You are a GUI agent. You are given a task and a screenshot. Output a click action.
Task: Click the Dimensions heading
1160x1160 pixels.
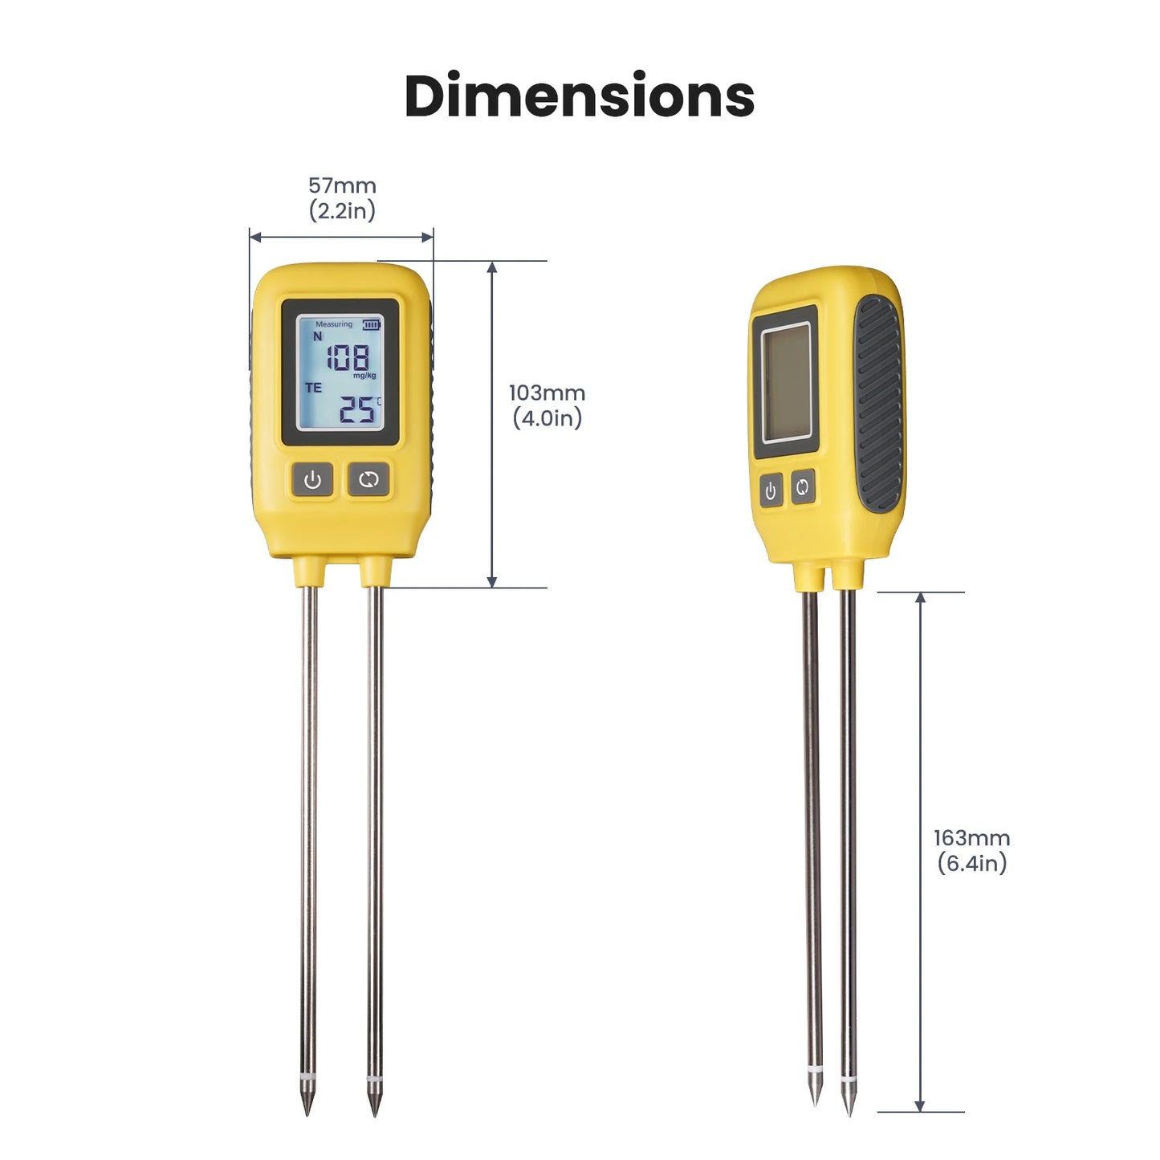click(x=579, y=96)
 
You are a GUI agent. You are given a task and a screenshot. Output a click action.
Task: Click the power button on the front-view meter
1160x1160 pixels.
click(x=312, y=480)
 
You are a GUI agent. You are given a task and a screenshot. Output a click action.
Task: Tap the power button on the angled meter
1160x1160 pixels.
click(x=771, y=490)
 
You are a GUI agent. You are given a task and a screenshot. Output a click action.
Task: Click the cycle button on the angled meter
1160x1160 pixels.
click(x=803, y=486)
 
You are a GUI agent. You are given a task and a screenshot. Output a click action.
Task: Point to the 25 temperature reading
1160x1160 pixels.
click(x=356, y=410)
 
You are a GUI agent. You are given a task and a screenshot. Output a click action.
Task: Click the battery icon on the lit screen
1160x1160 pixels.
click(x=371, y=324)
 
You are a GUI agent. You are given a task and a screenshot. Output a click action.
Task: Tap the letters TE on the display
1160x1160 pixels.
click(x=313, y=388)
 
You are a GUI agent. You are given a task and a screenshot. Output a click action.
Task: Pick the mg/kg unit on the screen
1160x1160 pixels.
click(x=364, y=376)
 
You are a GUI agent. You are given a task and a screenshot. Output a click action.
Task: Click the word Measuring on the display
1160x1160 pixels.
click(x=333, y=324)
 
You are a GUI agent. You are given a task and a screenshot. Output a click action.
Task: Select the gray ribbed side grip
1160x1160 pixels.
click(x=878, y=404)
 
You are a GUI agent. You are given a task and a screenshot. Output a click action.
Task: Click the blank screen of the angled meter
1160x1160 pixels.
click(x=787, y=383)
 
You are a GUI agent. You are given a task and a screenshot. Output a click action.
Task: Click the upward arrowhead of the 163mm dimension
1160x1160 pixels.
click(x=920, y=598)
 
